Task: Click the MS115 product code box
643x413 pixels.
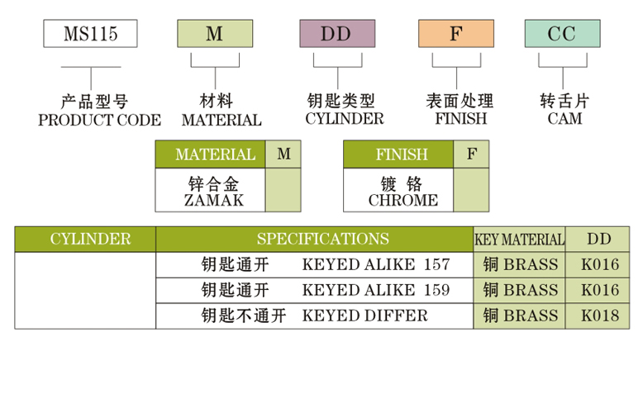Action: point(90,34)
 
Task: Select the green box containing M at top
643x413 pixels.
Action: point(215,34)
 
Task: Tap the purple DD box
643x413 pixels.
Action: point(336,34)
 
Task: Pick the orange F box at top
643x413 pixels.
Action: point(456,34)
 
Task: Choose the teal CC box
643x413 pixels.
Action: point(562,34)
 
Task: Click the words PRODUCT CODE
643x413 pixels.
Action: point(99,120)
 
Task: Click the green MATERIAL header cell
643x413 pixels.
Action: point(210,154)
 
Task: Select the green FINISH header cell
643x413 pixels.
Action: point(399,154)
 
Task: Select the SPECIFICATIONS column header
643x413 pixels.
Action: point(322,239)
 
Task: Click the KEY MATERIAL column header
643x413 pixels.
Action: point(519,240)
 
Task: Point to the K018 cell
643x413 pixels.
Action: point(599,316)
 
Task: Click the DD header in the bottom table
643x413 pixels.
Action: point(599,239)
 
